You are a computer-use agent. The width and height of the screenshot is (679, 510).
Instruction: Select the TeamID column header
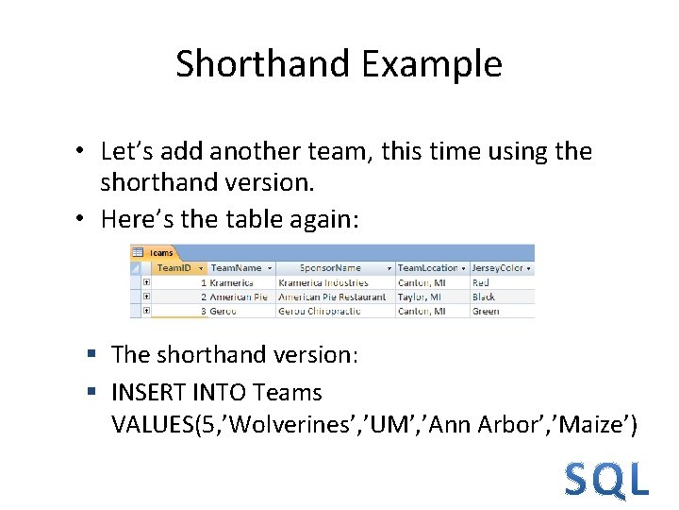coord(174,268)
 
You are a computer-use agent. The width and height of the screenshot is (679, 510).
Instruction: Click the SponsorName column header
coord(330,268)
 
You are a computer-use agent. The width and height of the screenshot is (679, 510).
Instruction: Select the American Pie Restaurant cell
coord(332,297)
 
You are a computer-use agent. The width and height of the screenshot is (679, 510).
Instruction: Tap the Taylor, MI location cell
coord(421,297)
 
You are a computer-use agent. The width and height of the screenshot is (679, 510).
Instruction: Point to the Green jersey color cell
coord(486,311)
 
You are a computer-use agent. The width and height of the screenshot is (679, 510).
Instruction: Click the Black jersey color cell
coord(484,297)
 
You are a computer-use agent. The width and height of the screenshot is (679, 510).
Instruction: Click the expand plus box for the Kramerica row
coord(146,282)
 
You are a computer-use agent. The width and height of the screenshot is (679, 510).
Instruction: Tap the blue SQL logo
coord(606,480)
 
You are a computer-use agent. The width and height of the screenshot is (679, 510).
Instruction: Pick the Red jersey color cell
coord(481,282)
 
